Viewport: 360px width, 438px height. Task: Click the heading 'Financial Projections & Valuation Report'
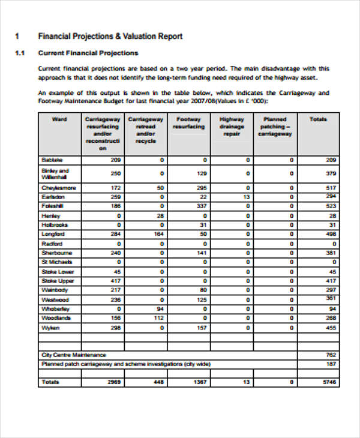coord(110,36)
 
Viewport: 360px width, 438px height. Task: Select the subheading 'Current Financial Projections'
coord(88,53)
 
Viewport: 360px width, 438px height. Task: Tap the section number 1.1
coord(19,53)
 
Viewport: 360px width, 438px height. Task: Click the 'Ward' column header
coord(59,119)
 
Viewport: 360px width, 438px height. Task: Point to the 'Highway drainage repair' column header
coord(232,127)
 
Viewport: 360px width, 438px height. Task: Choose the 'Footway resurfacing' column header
coord(188,123)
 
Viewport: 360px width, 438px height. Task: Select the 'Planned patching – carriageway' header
coord(275,127)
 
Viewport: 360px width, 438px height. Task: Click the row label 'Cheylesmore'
coord(58,188)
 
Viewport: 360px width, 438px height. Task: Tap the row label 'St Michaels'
coord(56,262)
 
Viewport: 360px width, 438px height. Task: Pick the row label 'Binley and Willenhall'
coord(54,174)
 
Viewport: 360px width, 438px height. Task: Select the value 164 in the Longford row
coord(158,234)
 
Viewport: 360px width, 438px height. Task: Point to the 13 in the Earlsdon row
coord(246,197)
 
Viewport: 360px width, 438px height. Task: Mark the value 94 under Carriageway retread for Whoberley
coord(160,309)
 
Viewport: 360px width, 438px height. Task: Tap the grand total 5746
coord(329,382)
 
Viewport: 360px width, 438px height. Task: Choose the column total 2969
coord(114,382)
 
